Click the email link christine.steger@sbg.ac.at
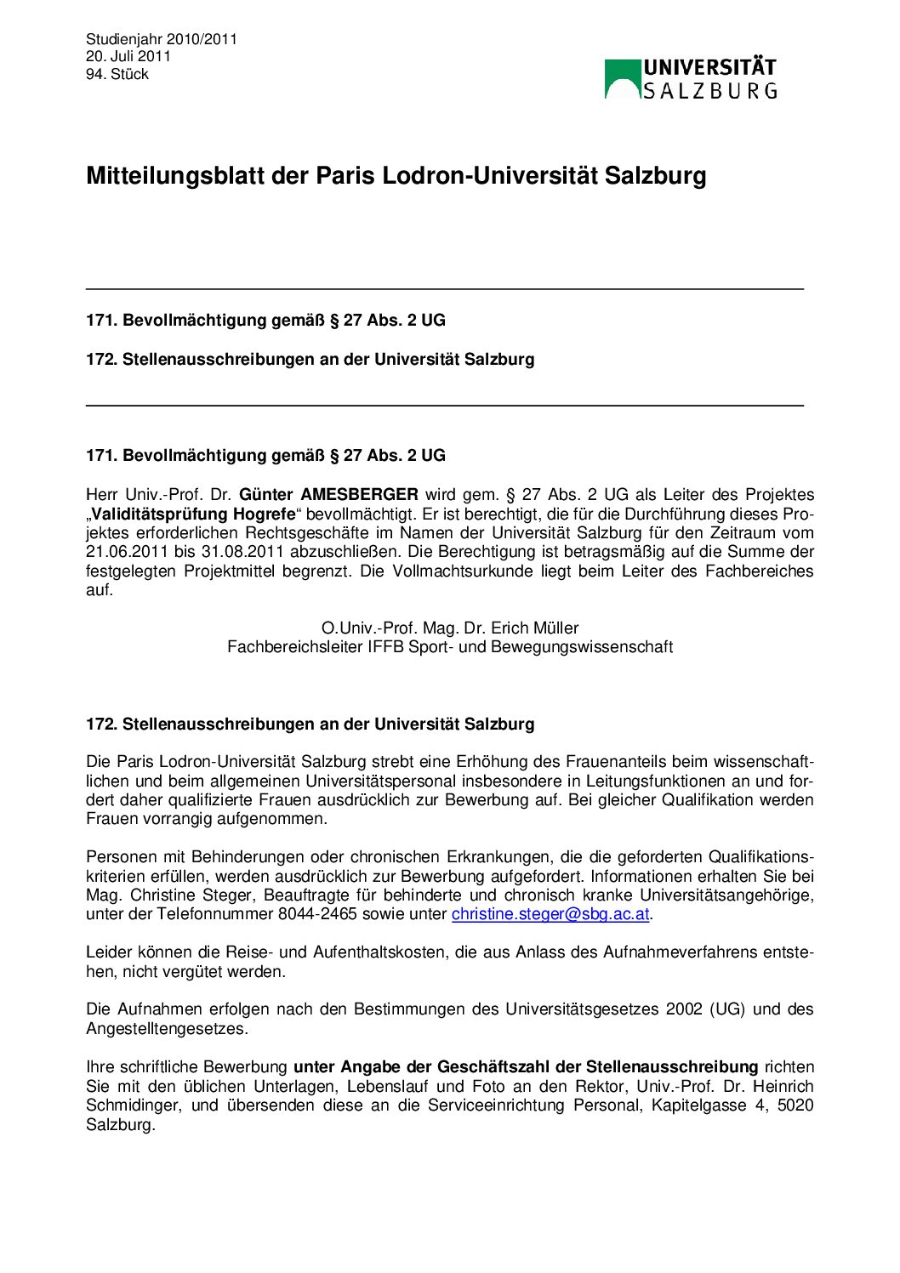[x=550, y=914]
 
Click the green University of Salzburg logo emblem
[x=622, y=79]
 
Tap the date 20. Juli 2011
[x=128, y=56]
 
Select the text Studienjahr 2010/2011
[x=162, y=39]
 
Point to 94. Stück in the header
[x=117, y=74]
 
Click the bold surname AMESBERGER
[x=359, y=495]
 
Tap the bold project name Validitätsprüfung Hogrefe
[x=193, y=514]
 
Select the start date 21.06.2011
[x=126, y=552]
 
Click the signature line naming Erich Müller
[x=449, y=628]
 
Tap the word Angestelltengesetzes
[x=167, y=1029]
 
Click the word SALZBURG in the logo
[x=709, y=90]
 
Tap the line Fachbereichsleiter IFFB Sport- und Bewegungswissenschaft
[x=449, y=647]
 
